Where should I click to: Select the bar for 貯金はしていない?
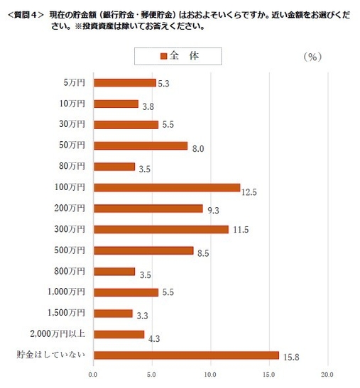[186, 355]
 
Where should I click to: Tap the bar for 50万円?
[141, 145]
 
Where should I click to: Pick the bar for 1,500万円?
[113, 313]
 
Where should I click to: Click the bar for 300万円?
[161, 229]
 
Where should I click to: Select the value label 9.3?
[212, 211]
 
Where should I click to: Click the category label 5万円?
[75, 83]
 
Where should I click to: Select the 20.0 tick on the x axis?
[328, 373]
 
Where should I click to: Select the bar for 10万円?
[116, 104]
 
